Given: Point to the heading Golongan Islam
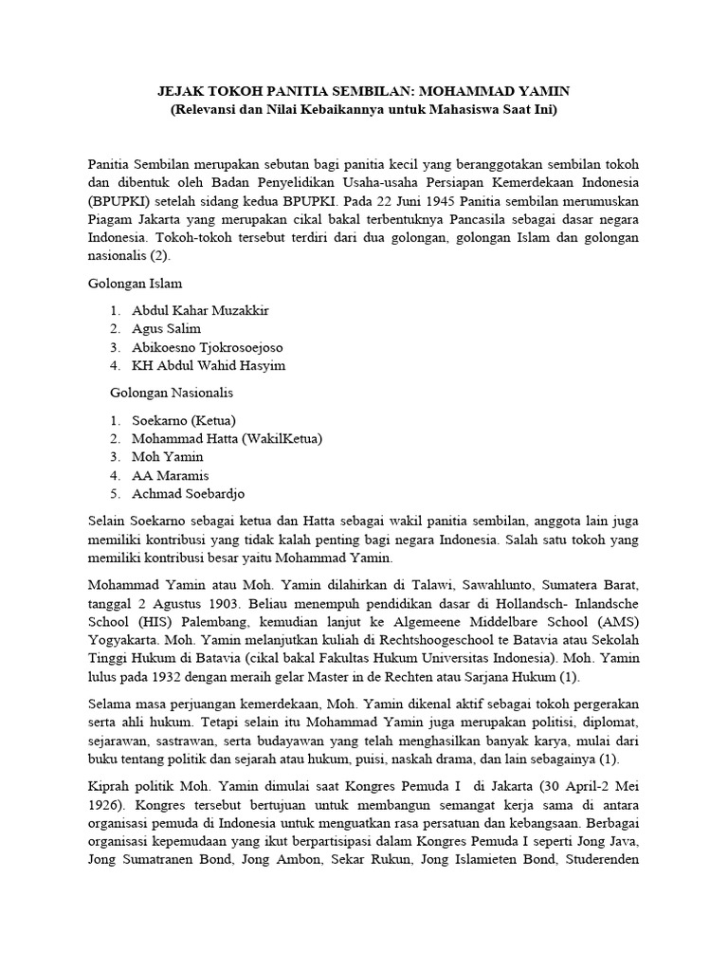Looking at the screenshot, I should pyautogui.click(x=136, y=283).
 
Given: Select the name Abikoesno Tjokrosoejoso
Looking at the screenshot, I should pyautogui.click(x=208, y=347).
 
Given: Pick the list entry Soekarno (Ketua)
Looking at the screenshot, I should pyautogui.click(x=184, y=420).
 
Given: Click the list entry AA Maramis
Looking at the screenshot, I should pyautogui.click(x=171, y=475).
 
